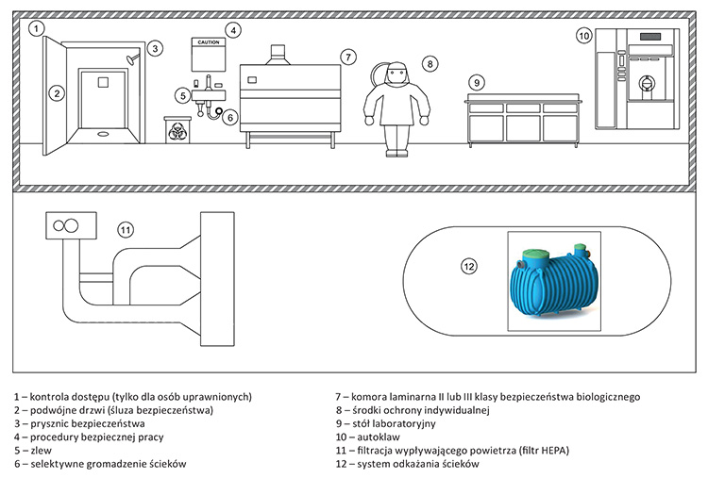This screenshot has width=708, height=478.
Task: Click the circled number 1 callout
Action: pyautogui.click(x=35, y=29)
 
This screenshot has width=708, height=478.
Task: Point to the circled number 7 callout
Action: pyautogui.click(x=348, y=58)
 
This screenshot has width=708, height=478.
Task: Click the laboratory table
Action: pyautogui.click(x=522, y=119)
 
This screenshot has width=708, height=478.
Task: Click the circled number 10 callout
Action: pyautogui.click(x=583, y=36)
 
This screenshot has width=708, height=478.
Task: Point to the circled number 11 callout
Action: pyautogui.click(x=126, y=229)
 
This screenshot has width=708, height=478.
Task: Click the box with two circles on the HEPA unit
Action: pyautogui.click(x=70, y=225)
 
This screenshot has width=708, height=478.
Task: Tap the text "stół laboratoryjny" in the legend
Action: pyautogui.click(x=400, y=424)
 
